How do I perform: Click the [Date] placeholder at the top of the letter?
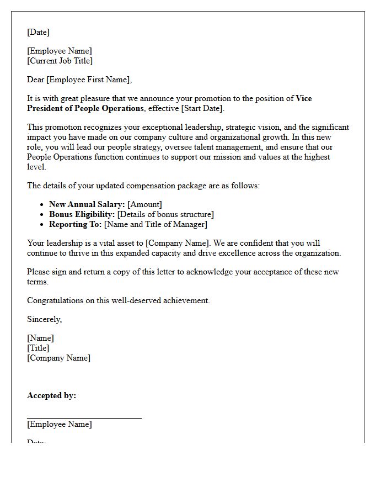click(x=38, y=32)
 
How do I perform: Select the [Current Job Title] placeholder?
click(x=60, y=61)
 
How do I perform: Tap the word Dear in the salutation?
click(x=35, y=80)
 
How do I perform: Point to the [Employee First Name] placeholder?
click(x=89, y=80)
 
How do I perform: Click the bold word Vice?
click(x=304, y=98)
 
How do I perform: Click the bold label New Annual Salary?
click(x=87, y=204)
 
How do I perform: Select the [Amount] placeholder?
click(x=144, y=204)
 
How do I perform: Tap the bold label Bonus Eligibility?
click(x=82, y=214)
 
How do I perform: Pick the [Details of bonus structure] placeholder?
click(x=165, y=214)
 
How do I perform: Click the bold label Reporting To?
click(x=75, y=224)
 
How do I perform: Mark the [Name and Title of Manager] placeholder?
click(x=156, y=224)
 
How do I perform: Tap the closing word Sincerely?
click(x=44, y=319)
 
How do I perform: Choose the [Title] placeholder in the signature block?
click(x=38, y=348)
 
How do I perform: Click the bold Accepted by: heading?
click(x=51, y=395)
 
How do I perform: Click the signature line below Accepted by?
click(x=84, y=417)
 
